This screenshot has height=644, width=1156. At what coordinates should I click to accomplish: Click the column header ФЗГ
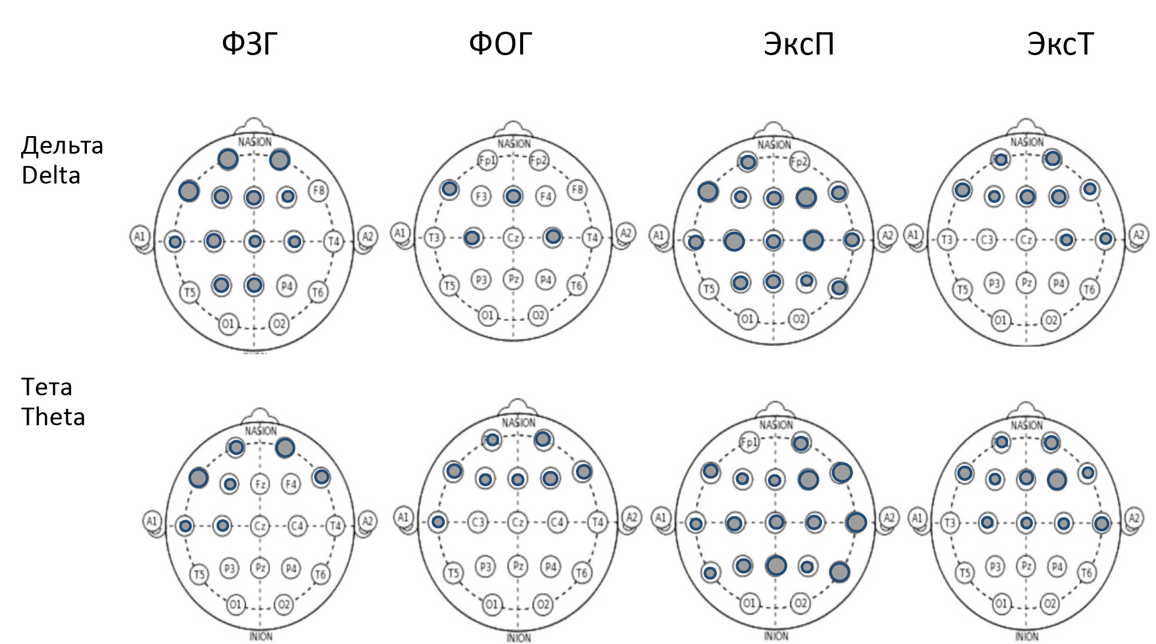point(250,44)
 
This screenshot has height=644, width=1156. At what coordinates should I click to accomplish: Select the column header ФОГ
point(500,44)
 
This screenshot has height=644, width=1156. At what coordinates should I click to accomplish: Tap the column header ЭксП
point(798,44)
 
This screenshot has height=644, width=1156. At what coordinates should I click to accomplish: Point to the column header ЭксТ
point(1060,44)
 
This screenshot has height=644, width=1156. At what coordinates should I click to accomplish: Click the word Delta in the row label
point(50,176)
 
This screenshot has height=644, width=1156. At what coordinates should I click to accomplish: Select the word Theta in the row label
point(53,417)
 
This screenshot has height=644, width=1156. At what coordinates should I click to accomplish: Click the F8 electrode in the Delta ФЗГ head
point(318,191)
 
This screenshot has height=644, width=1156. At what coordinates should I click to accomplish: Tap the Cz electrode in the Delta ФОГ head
point(513,238)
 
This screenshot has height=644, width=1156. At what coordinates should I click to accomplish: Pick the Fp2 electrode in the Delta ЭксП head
point(799,162)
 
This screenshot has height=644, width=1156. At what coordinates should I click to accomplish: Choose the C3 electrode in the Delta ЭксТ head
point(987,239)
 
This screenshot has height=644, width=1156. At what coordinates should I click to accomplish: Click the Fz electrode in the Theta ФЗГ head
point(259,484)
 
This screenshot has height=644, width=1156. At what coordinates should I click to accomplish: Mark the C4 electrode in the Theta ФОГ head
point(557,521)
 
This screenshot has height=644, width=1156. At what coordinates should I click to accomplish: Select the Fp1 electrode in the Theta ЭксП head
point(749,442)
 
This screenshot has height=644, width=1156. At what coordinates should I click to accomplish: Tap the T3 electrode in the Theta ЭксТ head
point(949,523)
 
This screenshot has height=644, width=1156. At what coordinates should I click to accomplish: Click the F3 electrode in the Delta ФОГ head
point(481,196)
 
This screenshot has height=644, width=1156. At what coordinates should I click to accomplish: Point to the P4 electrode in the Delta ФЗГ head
point(287,286)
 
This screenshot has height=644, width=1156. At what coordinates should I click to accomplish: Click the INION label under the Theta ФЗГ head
point(261,636)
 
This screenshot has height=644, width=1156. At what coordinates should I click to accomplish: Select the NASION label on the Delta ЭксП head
point(774,145)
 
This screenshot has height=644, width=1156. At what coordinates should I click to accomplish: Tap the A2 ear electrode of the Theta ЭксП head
point(889,518)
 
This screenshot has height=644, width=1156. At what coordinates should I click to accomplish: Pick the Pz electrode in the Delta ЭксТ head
point(1026,283)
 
